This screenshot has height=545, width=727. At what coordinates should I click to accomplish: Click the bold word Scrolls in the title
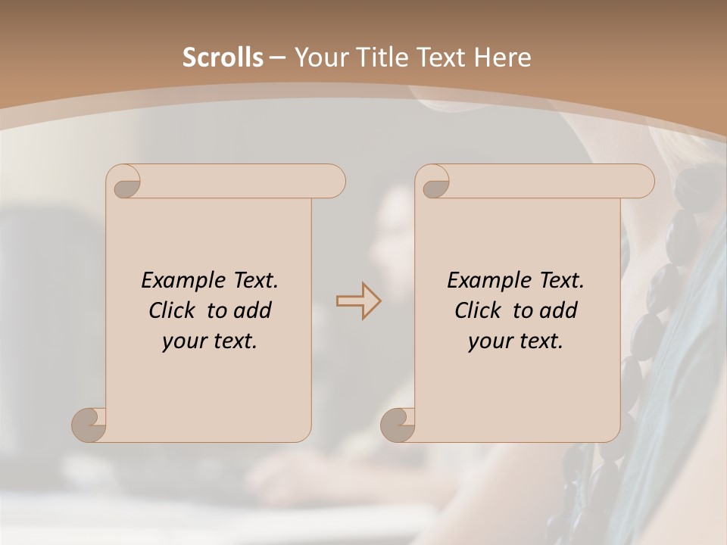coord(223,58)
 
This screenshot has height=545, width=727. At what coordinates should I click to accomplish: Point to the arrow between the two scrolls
coord(358,301)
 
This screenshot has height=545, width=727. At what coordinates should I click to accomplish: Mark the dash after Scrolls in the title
coord(277,58)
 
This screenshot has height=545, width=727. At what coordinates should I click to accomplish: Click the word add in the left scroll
coord(254,310)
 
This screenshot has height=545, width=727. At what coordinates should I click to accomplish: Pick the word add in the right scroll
coord(560,310)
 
